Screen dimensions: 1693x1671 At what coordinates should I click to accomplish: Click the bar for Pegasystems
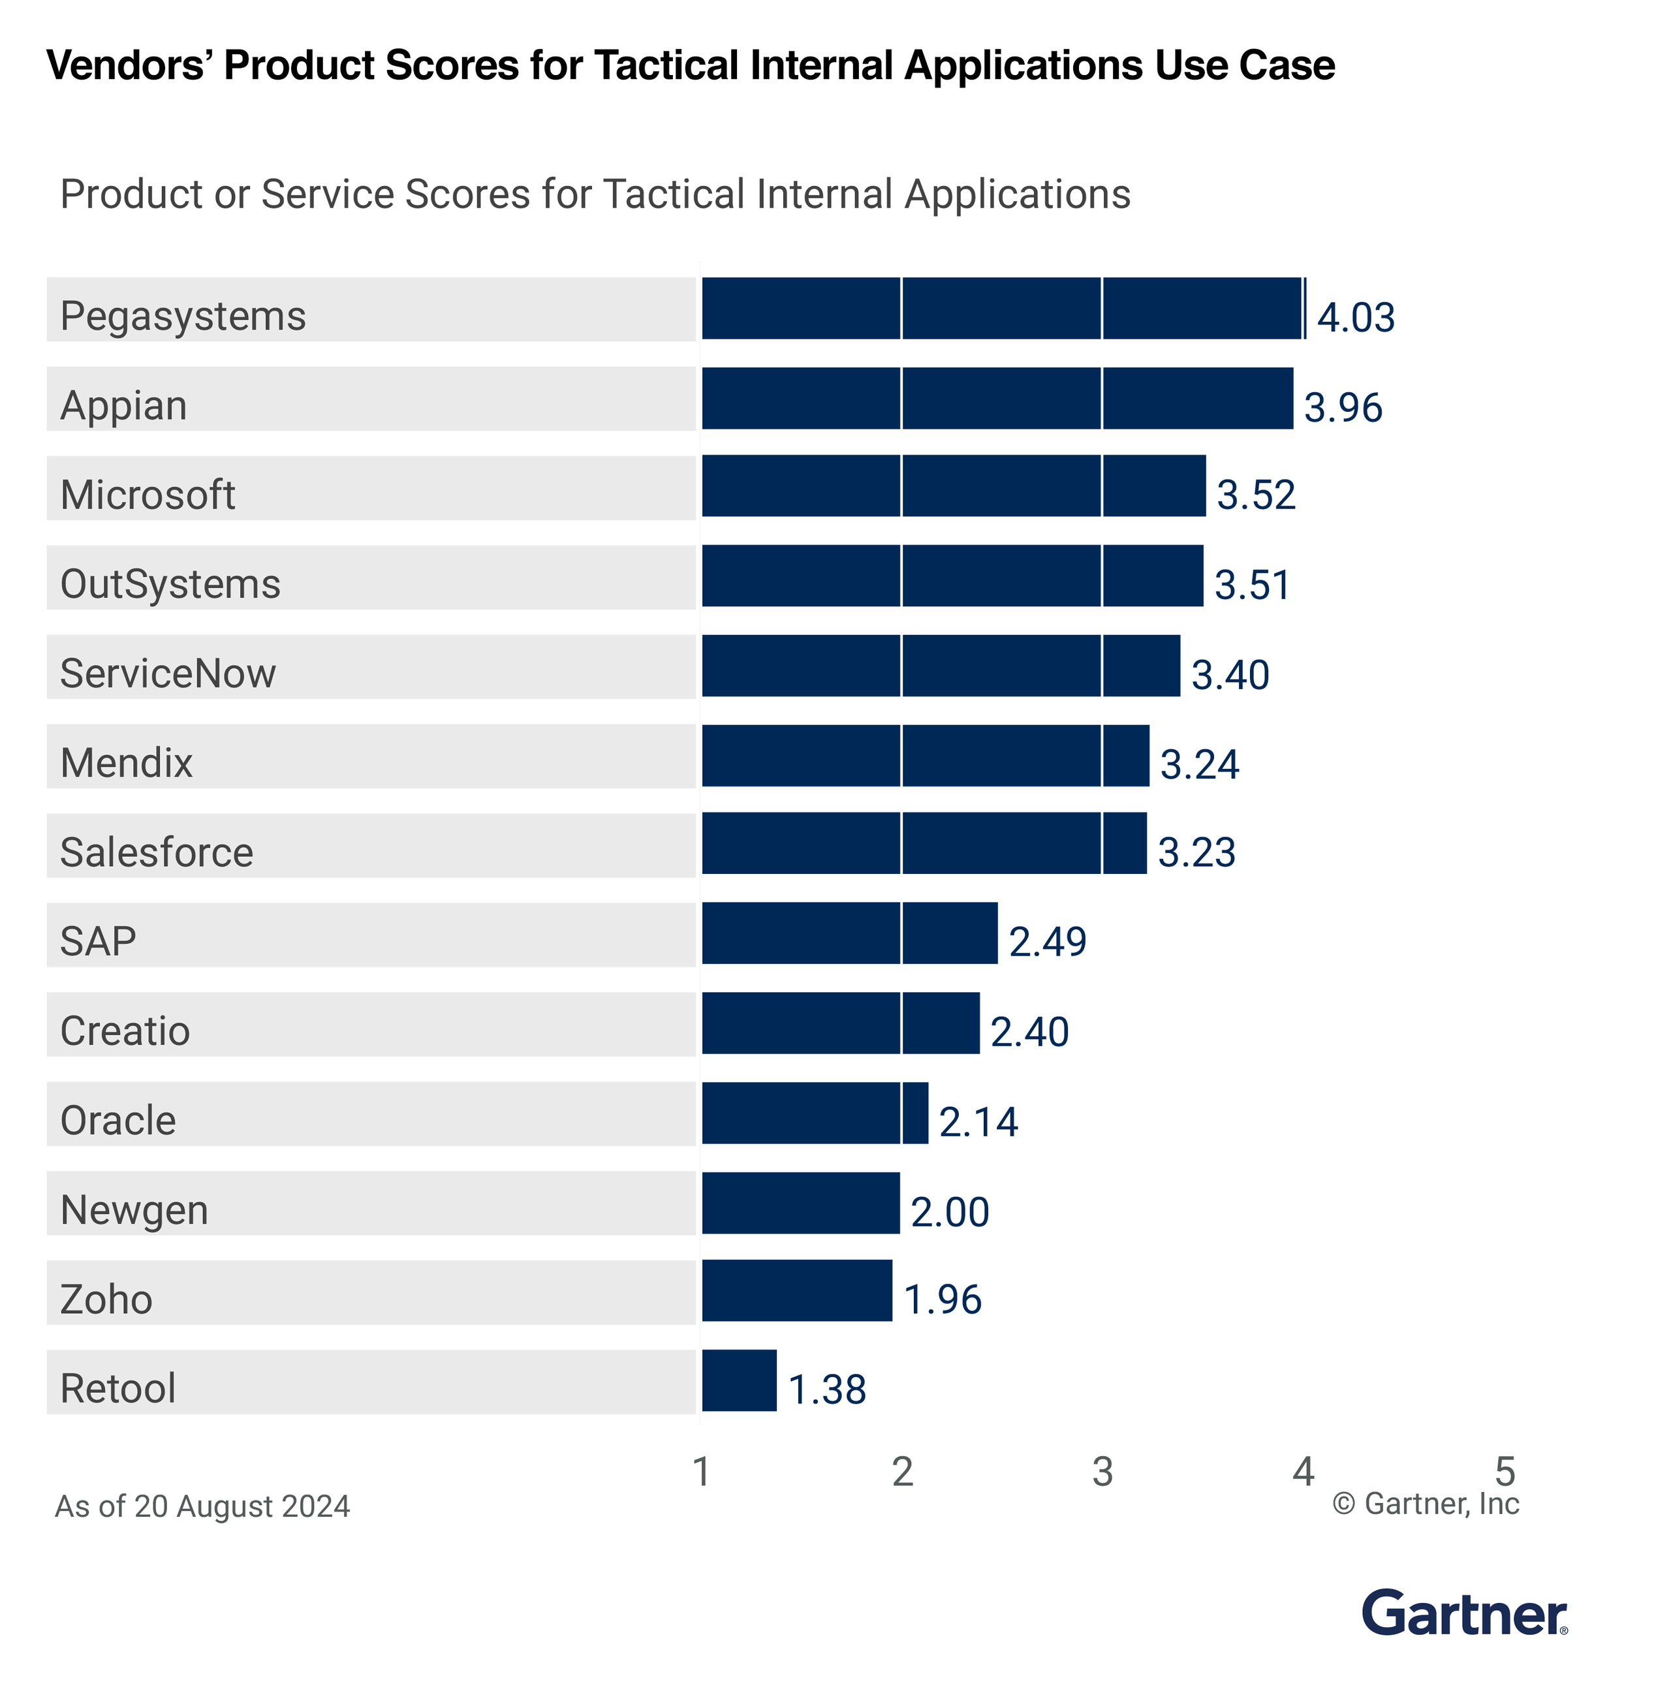[x=1003, y=309]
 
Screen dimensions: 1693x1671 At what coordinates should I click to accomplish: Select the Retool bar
[x=739, y=1380]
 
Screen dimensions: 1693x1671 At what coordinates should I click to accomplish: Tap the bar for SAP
[x=849, y=933]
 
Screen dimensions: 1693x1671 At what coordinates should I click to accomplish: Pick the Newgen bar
[x=800, y=1202]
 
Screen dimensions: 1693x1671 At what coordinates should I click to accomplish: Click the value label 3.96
[x=1343, y=407]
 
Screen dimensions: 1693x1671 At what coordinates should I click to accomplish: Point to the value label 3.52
[x=1256, y=495]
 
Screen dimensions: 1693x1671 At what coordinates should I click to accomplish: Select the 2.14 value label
[x=978, y=1122]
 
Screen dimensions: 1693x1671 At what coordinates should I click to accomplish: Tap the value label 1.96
[x=942, y=1299]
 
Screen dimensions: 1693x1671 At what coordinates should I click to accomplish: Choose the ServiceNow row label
[x=167, y=673]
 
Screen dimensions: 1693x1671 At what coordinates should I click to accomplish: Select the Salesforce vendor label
[x=156, y=852]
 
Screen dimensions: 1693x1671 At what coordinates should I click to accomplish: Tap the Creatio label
[x=125, y=1031]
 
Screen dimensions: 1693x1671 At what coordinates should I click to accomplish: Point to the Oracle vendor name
[x=117, y=1120]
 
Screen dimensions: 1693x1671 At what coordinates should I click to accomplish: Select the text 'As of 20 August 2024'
[x=202, y=1506]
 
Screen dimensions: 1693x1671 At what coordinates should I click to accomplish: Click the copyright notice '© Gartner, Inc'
[x=1425, y=1504]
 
